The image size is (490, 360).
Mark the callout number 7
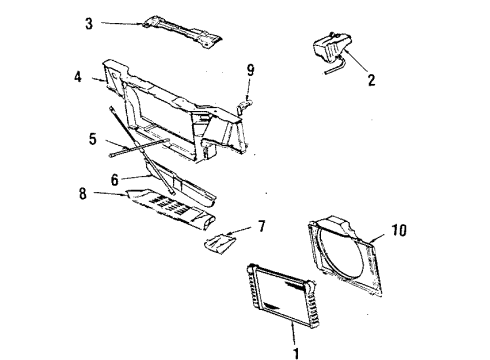[x=262, y=227]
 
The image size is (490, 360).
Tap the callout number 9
[x=251, y=71]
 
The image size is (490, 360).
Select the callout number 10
[x=400, y=231]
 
